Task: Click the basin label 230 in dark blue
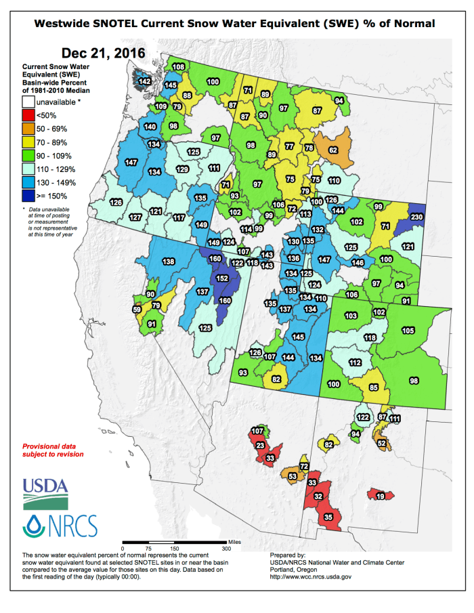(x=416, y=217)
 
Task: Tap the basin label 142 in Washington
(x=145, y=81)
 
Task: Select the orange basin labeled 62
(x=333, y=150)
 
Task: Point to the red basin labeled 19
(x=381, y=496)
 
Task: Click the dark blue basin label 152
(x=222, y=278)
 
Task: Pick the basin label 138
(x=169, y=262)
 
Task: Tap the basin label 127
(x=135, y=217)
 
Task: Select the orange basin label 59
(x=137, y=310)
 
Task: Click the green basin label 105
(x=408, y=330)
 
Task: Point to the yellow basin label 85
(x=373, y=388)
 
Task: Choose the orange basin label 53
(x=293, y=477)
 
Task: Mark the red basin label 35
(x=329, y=517)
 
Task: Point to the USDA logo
(x=45, y=490)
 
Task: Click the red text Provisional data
(x=53, y=446)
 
